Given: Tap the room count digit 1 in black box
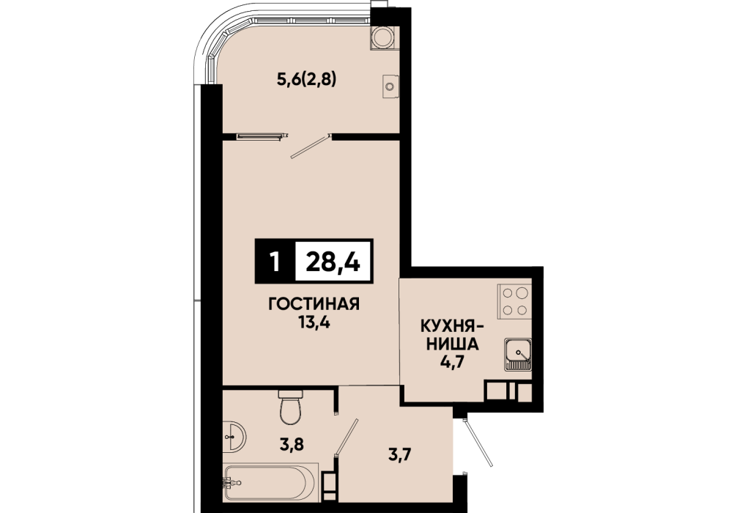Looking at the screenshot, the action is pos(275,262).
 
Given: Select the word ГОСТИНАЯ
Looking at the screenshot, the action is pos(314,304).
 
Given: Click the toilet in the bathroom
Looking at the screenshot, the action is pos(290,407).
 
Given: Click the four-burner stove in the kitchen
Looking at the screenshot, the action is pos(515,301).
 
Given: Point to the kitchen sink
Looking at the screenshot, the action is pos(518,354).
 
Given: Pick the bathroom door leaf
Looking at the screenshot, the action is pos(347,435).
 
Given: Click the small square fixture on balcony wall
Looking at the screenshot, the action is pos(390,86).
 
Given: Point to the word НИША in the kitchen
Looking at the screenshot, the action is pos(452,344).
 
